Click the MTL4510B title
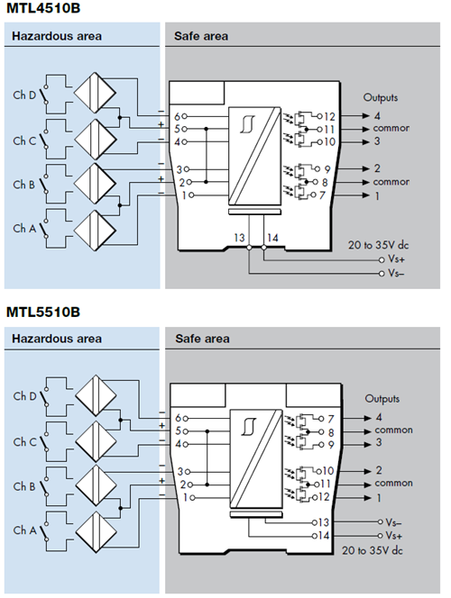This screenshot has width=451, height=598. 43,12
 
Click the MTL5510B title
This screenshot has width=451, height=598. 43,312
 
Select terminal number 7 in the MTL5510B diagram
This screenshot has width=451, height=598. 331,418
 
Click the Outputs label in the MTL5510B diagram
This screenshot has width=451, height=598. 382,398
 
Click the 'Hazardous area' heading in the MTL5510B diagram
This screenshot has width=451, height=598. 56,339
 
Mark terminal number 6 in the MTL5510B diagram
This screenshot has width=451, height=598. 179,418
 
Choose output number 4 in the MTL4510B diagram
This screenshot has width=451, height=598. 379,116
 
